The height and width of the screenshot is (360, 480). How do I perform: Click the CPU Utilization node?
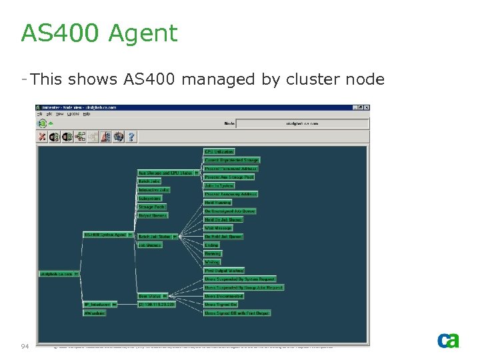pos(219,152)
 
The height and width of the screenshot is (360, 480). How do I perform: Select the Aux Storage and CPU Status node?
pos(165,173)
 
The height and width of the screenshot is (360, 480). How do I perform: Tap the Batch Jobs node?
pos(149,181)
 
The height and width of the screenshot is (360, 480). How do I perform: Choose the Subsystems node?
pos(149,199)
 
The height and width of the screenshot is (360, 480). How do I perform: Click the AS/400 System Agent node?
pos(105,235)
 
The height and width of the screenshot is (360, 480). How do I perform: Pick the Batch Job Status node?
pos(154,237)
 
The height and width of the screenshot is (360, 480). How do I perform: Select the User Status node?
pos(150,296)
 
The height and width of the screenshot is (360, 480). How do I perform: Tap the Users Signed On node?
pos(221,305)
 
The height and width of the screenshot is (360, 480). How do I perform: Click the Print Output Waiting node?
pos(223,271)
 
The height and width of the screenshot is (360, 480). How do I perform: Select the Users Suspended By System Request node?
pos(239,279)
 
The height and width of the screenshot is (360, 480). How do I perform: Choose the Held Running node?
pos(218,203)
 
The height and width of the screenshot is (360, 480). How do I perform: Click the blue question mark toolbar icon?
pos(131,137)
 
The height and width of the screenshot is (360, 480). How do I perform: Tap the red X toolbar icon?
pos(42,137)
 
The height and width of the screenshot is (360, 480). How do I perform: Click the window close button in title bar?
pos(365,107)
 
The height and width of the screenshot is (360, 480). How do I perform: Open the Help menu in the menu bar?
pos(87,114)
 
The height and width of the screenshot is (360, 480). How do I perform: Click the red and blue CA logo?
pos(447,340)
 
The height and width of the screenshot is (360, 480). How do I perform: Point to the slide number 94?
pos(25,346)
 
